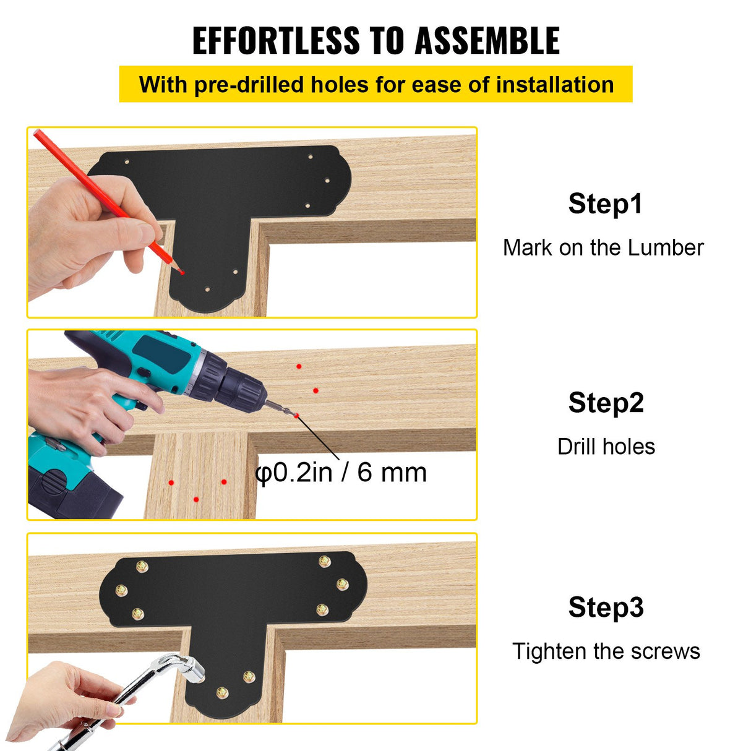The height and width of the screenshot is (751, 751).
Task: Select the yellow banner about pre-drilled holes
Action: [x=375, y=84]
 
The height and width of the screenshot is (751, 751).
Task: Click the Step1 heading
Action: [x=605, y=204]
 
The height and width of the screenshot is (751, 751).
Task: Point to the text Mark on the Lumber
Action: [x=603, y=247]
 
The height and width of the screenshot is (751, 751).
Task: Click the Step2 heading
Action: [x=606, y=403]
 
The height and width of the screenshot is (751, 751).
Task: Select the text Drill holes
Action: [x=606, y=447]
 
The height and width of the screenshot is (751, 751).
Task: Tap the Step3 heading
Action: [x=606, y=607]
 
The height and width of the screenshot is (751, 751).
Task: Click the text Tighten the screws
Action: [x=606, y=651]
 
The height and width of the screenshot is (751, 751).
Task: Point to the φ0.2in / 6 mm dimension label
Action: [x=341, y=473]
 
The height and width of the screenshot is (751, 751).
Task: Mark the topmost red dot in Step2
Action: [x=299, y=366]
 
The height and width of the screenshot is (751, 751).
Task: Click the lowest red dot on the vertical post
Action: [x=196, y=499]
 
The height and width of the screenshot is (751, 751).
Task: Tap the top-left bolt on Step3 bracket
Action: [x=142, y=566]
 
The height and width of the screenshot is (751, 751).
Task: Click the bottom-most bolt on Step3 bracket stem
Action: [x=222, y=693]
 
